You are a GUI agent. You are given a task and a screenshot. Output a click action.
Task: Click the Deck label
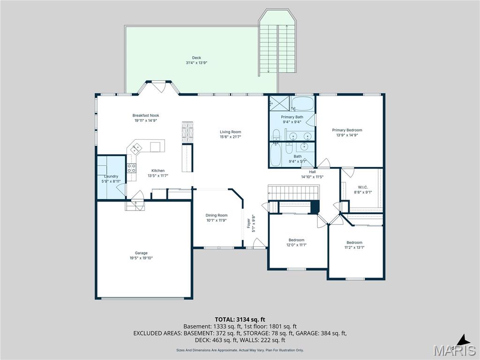[196, 58]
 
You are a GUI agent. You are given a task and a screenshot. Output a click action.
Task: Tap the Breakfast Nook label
[146, 115]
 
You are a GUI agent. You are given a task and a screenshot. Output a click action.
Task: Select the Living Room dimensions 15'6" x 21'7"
[230, 137]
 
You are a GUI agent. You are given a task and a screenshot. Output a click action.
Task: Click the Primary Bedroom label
[347, 130]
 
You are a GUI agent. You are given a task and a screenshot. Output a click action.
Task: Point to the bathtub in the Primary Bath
[302, 103]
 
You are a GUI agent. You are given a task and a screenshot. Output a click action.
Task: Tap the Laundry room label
[111, 176]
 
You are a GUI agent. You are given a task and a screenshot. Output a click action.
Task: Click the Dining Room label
[216, 215]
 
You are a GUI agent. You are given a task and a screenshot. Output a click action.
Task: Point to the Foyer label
[249, 224]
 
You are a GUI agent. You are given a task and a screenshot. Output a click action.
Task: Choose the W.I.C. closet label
[362, 187]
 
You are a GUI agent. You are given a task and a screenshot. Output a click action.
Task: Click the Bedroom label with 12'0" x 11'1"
[296, 240]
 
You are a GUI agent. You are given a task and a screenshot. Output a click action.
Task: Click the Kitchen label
[157, 171]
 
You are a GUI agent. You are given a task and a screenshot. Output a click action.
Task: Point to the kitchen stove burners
[132, 168]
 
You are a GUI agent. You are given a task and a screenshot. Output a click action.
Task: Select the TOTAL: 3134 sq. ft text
[240, 319]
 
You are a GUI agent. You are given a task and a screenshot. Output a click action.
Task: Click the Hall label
[312, 172]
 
